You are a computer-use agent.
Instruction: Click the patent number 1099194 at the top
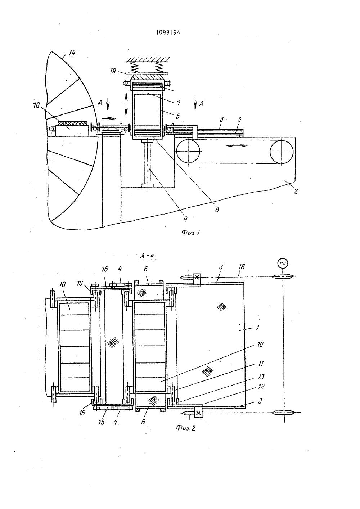(x=168, y=32)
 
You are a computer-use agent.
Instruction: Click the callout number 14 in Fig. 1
(x=72, y=53)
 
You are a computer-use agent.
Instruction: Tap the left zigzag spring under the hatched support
(x=137, y=67)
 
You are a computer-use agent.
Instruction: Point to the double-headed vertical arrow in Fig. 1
(x=126, y=104)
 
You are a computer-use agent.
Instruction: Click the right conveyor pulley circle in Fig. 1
(x=282, y=152)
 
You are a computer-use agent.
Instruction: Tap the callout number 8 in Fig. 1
(x=217, y=209)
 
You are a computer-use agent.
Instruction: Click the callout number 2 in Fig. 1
(x=296, y=191)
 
